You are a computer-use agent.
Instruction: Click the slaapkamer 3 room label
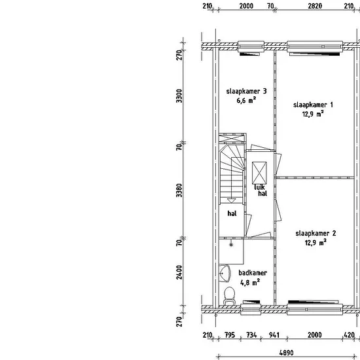click(x=246, y=91)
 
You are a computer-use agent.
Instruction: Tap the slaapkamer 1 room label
click(x=313, y=105)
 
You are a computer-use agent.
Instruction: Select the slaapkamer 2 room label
click(x=315, y=234)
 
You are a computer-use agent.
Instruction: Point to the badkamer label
click(x=253, y=273)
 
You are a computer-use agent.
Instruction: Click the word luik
click(x=259, y=187)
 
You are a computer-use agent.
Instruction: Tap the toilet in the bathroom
click(x=229, y=296)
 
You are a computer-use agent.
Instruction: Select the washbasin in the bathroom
click(x=225, y=274)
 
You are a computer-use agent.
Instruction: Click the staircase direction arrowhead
click(x=231, y=201)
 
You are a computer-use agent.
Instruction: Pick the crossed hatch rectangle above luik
click(x=259, y=173)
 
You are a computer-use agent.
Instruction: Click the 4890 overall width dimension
click(x=286, y=352)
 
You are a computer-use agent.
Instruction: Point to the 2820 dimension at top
click(x=315, y=6)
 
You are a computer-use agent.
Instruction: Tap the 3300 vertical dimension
click(x=179, y=96)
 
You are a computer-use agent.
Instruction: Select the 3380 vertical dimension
click(x=179, y=190)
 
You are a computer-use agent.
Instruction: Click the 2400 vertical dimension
click(x=179, y=272)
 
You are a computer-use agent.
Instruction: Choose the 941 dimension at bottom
click(x=274, y=335)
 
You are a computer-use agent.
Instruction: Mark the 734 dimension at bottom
click(x=251, y=335)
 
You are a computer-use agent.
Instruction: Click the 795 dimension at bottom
click(x=230, y=335)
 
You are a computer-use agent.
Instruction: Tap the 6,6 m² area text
click(x=246, y=100)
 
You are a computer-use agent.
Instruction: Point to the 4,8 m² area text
click(x=250, y=282)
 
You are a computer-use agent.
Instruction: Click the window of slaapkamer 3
click(x=251, y=46)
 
